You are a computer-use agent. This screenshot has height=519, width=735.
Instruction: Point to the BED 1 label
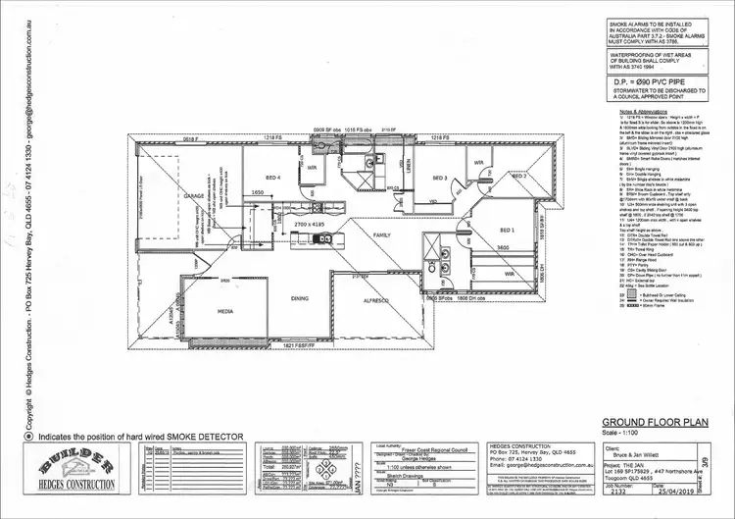click(x=506, y=229)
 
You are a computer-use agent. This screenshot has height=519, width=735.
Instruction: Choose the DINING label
click(x=299, y=297)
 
